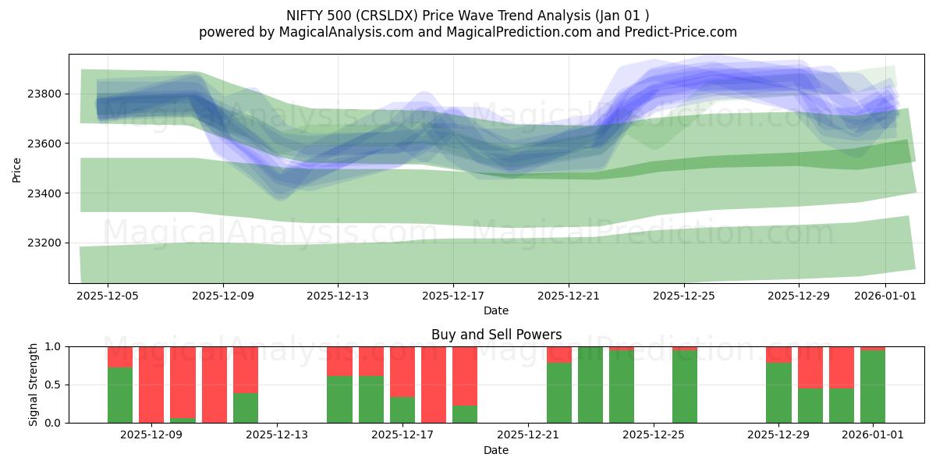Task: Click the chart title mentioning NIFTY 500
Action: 468,16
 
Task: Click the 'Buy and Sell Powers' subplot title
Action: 496,335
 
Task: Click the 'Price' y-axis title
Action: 17,168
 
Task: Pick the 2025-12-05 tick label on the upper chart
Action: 108,296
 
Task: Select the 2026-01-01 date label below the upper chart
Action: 885,296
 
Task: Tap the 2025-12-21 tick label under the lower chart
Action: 528,435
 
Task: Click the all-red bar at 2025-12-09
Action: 151,385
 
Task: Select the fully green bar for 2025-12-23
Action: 590,385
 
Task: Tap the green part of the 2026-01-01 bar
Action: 873,388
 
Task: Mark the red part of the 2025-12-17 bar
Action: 402,371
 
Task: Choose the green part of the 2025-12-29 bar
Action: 778,393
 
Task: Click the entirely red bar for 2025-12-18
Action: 434,385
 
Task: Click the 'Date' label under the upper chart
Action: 496,310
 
